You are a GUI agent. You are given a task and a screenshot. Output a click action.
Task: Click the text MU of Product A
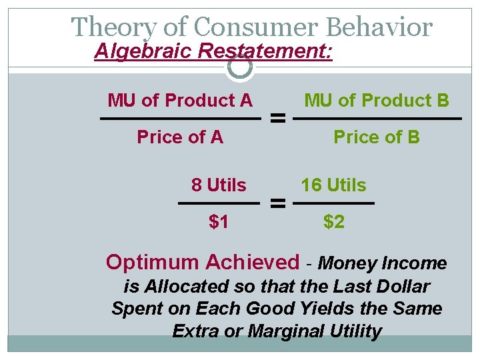coord(180,101)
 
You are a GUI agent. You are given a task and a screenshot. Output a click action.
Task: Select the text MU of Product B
coord(377,101)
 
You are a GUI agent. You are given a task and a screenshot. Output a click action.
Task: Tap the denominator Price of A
coord(180,137)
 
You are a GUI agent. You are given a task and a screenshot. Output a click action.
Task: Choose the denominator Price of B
coord(377,137)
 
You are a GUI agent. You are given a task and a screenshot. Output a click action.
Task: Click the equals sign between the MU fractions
coord(278,119)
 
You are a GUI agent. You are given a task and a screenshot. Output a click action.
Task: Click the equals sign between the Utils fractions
coord(278,203)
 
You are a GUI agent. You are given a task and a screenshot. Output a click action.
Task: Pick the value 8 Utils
coord(219,185)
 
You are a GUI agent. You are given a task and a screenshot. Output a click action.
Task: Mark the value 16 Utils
coord(333,185)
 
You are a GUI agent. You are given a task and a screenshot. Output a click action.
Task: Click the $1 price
coord(219,221)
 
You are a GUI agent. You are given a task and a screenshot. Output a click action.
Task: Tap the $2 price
coord(334,221)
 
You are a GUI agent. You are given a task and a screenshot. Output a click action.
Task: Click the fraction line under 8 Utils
coord(219,203)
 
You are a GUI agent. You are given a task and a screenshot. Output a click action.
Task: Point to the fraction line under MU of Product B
coord(377,119)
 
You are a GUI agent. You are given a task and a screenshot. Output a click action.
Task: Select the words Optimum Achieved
coord(203,263)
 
